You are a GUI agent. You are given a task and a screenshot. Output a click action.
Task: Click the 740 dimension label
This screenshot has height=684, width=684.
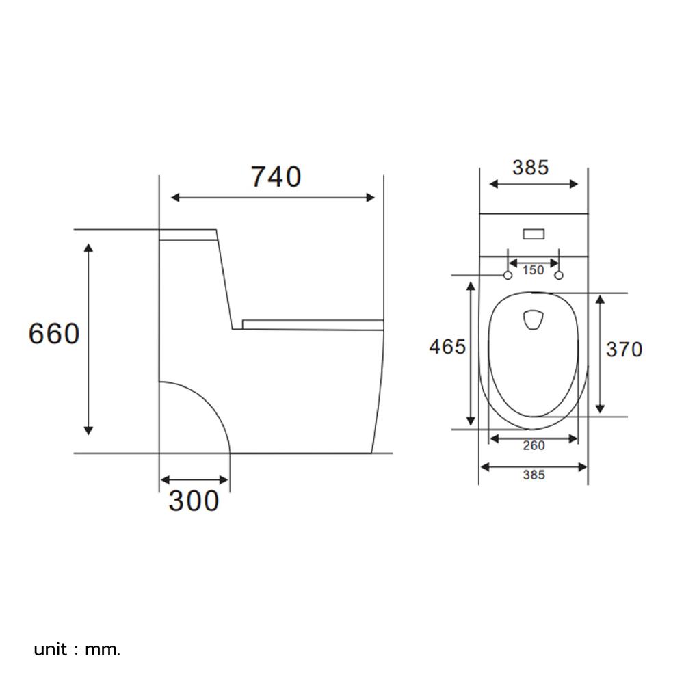tap(275, 176)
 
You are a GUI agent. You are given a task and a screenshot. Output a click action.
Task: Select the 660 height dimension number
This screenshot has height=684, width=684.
tap(54, 334)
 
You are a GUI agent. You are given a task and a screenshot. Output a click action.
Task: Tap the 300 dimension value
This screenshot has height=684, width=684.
tap(194, 501)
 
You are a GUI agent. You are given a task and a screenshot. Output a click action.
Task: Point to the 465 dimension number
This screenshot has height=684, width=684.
tap(447, 347)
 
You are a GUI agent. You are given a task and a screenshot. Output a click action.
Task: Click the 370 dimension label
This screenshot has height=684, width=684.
tap(624, 350)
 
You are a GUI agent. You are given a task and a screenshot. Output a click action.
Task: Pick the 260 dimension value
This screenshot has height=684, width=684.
tap(534, 446)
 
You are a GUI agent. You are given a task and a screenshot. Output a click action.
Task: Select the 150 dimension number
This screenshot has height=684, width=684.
tap(533, 270)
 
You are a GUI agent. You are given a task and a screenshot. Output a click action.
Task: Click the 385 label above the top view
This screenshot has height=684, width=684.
tap(530, 168)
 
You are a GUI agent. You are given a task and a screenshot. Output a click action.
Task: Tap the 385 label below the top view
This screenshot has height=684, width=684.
tap(533, 475)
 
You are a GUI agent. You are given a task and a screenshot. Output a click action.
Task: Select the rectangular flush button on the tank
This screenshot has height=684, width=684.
tap(534, 235)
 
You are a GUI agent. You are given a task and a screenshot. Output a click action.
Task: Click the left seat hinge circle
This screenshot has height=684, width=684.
tap(508, 275)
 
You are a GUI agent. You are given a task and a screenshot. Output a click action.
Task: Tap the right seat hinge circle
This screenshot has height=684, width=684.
tap(559, 275)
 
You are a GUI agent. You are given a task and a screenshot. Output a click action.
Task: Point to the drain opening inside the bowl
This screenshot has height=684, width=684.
tap(533, 320)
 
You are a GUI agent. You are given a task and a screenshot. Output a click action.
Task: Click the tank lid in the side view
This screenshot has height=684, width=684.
tap(188, 235)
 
